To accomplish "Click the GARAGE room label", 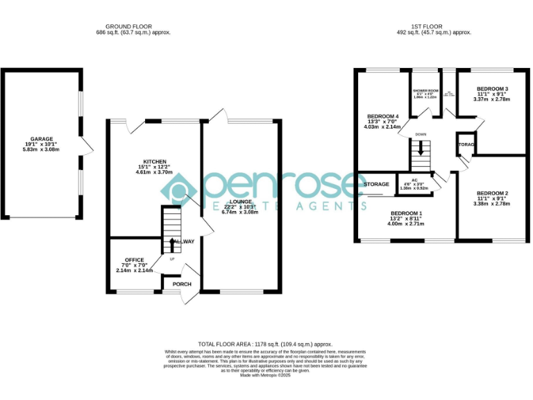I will tap(42, 139).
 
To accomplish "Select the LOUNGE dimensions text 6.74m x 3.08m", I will tap(239, 212).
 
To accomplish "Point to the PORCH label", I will tap(183, 283).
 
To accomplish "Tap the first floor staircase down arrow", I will tap(419, 150).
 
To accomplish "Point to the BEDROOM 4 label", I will tap(383, 115).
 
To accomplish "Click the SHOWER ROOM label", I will tap(425, 91).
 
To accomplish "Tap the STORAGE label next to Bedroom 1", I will tap(376, 184).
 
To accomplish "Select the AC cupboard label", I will tap(414, 180).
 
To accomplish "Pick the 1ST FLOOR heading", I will tap(424, 26).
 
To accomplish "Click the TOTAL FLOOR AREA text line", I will tap(266, 344).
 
